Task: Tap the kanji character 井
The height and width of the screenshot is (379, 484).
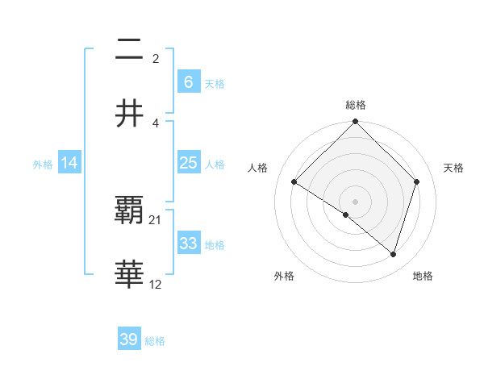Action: click(x=129, y=114)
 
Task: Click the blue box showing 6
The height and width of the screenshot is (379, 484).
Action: click(x=188, y=81)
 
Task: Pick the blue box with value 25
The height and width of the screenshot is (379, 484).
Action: click(x=188, y=163)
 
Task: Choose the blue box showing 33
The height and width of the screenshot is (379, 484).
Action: click(x=188, y=244)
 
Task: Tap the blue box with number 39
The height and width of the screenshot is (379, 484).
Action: click(x=129, y=339)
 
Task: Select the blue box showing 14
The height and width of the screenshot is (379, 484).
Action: click(x=69, y=163)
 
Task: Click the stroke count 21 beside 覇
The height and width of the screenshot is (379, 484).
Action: click(x=156, y=219)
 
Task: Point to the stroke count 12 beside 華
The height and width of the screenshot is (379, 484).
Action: click(x=156, y=284)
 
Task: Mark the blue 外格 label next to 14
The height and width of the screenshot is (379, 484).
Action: click(x=43, y=165)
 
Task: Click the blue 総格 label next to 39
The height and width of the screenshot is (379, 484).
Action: click(x=156, y=341)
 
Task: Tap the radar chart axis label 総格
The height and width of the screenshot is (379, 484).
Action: click(x=356, y=106)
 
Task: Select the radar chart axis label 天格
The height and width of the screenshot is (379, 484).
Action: click(x=454, y=168)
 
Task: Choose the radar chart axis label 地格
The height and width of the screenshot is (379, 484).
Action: click(x=423, y=276)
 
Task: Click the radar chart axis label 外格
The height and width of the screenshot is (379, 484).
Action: click(x=284, y=276)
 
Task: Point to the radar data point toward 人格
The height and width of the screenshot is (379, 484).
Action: click(x=294, y=182)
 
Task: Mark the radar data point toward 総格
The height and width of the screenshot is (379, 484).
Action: click(x=356, y=123)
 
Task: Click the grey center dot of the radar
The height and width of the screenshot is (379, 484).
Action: click(x=356, y=201)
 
